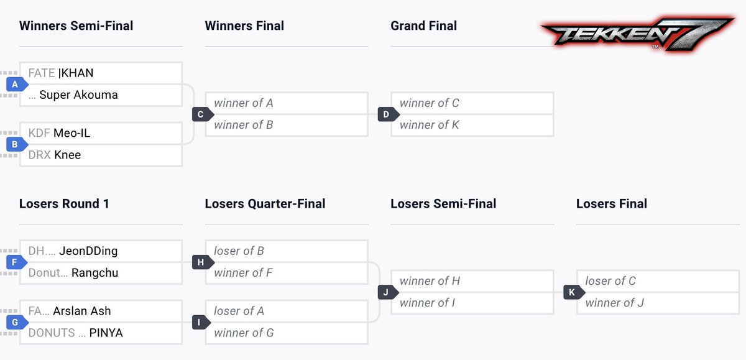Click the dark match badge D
coord(386,114)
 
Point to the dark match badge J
coord(386,292)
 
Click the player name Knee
coord(67,155)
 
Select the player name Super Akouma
coord(78,95)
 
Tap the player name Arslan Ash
coord(82,311)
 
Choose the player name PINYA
coord(106,333)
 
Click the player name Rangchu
coord(94,273)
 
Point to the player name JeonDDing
coord(88,251)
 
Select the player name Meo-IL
coord(72,133)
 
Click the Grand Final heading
coord(423,26)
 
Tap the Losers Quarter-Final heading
coord(265,204)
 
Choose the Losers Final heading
coord(611,204)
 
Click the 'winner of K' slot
coord(430,125)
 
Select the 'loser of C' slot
coord(610,281)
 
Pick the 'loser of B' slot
coord(239,251)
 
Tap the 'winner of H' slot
coord(430,281)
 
